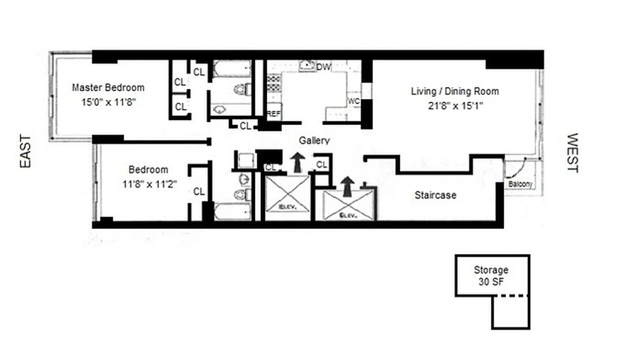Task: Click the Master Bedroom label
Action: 108,87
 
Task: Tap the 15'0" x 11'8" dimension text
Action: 108,102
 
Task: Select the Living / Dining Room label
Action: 455,91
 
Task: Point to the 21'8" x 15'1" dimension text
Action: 455,106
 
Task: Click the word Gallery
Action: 314,141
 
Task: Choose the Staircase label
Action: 435,195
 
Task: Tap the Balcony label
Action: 520,184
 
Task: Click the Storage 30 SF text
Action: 491,275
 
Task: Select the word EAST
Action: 26,152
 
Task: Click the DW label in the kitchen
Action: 323,67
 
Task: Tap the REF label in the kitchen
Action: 274,114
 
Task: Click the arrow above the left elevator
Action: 297,162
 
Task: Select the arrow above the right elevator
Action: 346,186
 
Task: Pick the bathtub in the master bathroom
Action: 231,69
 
